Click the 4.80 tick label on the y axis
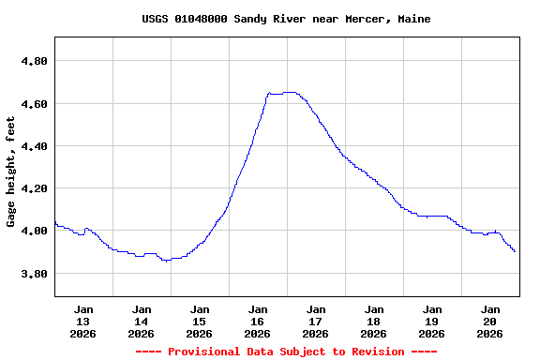(34, 61)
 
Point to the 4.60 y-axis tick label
(34, 103)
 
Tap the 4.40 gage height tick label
(34, 146)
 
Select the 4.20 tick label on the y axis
(34, 188)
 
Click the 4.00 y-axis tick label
(34, 231)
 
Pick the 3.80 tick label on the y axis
(34, 274)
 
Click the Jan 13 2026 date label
(83, 321)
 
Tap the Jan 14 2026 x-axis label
(142, 321)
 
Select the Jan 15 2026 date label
(200, 321)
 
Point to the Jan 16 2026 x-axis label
(258, 321)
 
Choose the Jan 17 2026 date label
(316, 321)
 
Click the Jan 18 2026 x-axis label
(374, 321)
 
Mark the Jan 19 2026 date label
(432, 321)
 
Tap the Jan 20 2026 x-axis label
(490, 321)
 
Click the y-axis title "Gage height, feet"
(11, 172)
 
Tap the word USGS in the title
(156, 19)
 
